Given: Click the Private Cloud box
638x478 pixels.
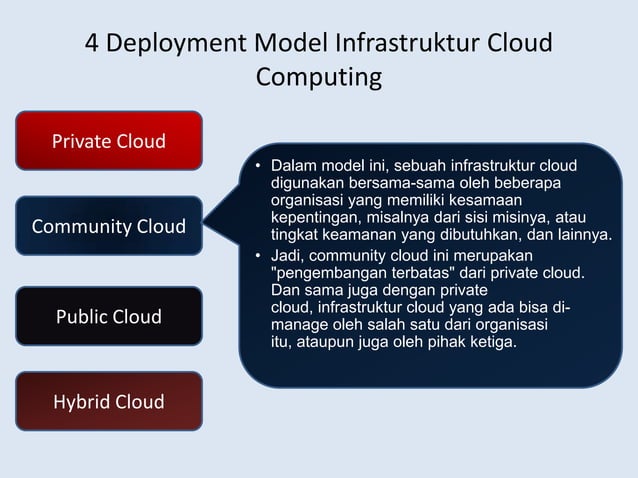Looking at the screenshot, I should (x=109, y=141).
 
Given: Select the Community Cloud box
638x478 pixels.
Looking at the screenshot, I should (x=109, y=227).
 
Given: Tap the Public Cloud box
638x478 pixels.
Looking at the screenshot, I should (x=109, y=317).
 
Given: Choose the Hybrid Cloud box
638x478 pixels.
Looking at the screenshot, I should (x=109, y=402).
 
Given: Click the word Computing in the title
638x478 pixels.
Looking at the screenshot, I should (x=319, y=77).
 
